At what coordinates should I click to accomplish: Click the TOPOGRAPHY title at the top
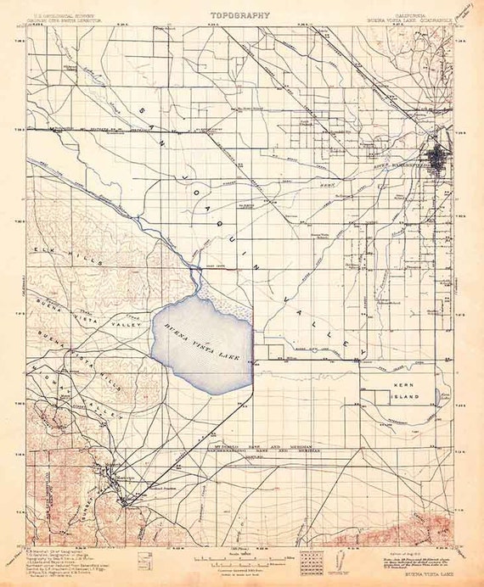242,14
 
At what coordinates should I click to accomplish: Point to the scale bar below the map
242,558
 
